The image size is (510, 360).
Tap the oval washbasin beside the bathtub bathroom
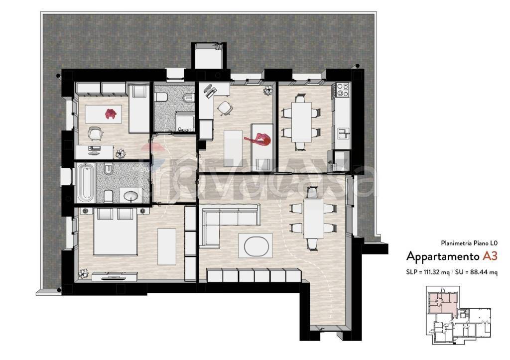coord(131,196)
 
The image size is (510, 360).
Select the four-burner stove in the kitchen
coord(343,90)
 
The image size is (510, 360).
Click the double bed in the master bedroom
coord(115,232)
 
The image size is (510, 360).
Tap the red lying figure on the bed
coord(259,139)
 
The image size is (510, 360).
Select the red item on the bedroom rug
coord(111,114)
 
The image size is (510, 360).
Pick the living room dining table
coord(314,219)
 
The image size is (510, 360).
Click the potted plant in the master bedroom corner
coord(84,273)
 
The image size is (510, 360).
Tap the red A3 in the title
coord(490,256)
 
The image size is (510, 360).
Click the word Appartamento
coord(443,256)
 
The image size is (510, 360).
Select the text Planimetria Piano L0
coord(469,243)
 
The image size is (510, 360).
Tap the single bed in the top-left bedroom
coord(139,108)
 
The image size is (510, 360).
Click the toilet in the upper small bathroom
coord(161,97)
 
